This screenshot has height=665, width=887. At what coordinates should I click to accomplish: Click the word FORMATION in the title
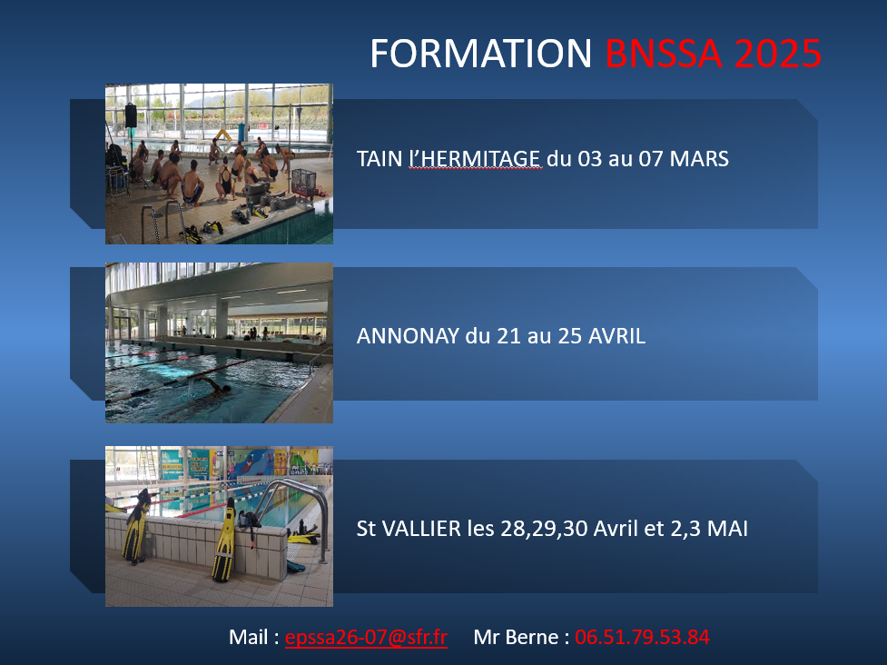481,54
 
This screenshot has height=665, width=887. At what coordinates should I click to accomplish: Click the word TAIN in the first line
379,159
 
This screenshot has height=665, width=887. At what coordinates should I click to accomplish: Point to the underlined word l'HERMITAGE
475,159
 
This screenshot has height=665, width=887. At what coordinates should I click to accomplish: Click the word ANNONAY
408,336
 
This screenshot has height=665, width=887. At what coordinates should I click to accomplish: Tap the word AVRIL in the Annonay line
616,336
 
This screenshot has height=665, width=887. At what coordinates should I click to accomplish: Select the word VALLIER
421,529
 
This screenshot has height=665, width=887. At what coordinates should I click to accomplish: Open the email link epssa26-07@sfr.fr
366,637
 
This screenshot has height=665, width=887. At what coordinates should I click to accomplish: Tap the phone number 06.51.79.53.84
642,637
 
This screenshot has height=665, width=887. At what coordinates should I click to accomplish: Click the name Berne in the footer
535,637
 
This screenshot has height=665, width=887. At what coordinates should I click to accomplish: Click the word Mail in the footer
249,637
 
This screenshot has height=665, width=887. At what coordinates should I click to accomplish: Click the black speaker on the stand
131,115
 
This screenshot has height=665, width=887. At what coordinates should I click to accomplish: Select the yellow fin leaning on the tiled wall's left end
136,526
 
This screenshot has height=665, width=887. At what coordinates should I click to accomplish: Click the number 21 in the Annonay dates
508,336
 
